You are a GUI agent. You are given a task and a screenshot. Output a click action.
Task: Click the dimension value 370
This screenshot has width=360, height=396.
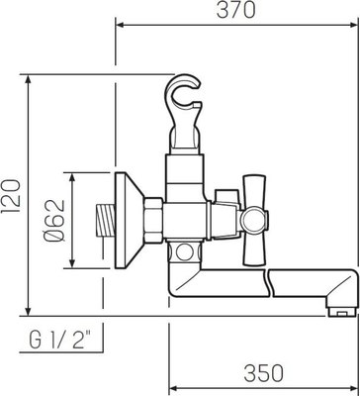[236, 11]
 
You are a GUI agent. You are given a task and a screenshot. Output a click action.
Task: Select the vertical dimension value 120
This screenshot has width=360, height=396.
[12, 196]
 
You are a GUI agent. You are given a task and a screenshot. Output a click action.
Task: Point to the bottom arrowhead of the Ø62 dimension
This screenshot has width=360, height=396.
[72, 266]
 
